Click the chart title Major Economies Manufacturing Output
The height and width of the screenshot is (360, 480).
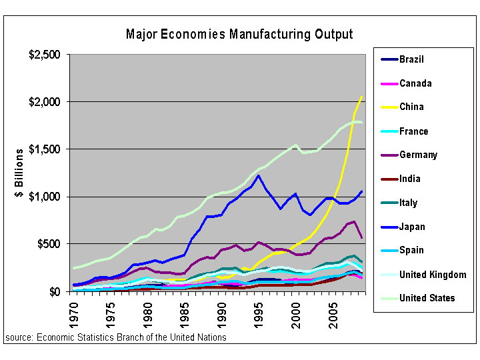(x=239, y=34)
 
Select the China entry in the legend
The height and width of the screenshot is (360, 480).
(x=411, y=107)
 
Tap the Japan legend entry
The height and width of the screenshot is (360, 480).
(x=413, y=227)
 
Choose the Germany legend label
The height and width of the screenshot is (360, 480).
(x=418, y=155)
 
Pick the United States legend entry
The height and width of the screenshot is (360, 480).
(x=427, y=298)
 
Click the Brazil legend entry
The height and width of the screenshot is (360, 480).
(x=411, y=59)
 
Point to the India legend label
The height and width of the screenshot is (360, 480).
(x=410, y=179)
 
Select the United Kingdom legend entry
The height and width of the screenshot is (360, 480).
(x=433, y=275)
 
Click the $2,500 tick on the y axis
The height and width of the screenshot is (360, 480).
(x=45, y=54)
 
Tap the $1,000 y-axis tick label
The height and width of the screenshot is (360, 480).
(x=45, y=197)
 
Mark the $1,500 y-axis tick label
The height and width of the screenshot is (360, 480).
(x=45, y=149)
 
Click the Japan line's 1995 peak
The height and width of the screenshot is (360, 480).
(x=259, y=175)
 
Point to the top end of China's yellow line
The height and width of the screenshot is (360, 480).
(x=361, y=97)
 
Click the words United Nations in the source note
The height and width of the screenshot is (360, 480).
(x=199, y=337)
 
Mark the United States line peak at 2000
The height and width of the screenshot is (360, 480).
(x=295, y=145)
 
